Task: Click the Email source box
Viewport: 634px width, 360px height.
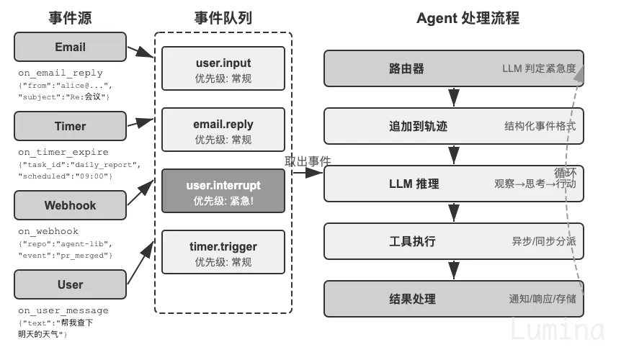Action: click(x=70, y=47)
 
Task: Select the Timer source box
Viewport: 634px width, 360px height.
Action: click(x=70, y=126)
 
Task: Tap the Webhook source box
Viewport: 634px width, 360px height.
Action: click(x=70, y=205)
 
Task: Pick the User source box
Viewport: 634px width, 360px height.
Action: click(x=70, y=284)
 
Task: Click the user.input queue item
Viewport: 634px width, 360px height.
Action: click(x=223, y=68)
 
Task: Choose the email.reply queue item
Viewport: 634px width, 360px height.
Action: click(x=223, y=130)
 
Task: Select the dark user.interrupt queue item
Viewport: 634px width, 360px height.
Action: click(x=223, y=191)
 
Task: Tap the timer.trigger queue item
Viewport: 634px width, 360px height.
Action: click(x=223, y=252)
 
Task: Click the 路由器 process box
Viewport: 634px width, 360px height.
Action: click(x=454, y=68)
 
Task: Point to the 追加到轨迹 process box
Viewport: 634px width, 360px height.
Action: click(x=454, y=126)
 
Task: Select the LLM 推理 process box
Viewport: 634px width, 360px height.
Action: click(x=454, y=184)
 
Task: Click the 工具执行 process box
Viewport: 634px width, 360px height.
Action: click(x=454, y=241)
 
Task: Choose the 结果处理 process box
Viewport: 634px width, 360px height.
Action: click(x=454, y=299)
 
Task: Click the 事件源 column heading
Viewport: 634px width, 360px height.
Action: click(x=70, y=18)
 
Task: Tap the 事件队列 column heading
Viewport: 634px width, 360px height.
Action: click(x=223, y=18)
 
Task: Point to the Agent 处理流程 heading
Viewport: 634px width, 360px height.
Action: click(x=468, y=18)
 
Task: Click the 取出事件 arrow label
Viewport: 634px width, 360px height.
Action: click(x=308, y=161)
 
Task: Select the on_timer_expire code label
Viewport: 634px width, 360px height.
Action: click(x=63, y=152)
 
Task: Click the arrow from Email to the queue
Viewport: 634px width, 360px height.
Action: click(x=140, y=52)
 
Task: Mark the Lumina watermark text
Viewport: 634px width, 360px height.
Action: click(x=558, y=329)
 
